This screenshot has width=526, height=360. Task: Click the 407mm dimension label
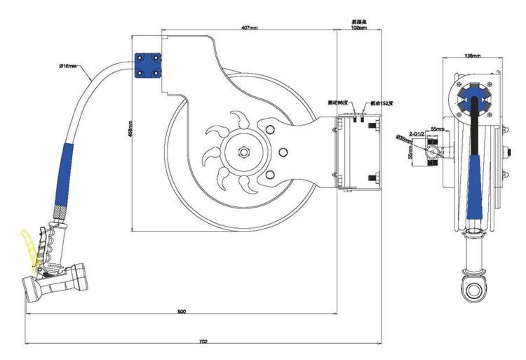point(250,27)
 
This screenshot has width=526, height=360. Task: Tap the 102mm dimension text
point(359,28)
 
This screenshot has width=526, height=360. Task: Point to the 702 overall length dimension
point(203,342)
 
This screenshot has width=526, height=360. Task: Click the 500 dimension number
point(182,311)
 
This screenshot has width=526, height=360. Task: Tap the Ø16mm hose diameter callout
point(68,67)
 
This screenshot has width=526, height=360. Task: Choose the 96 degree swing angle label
point(339,102)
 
